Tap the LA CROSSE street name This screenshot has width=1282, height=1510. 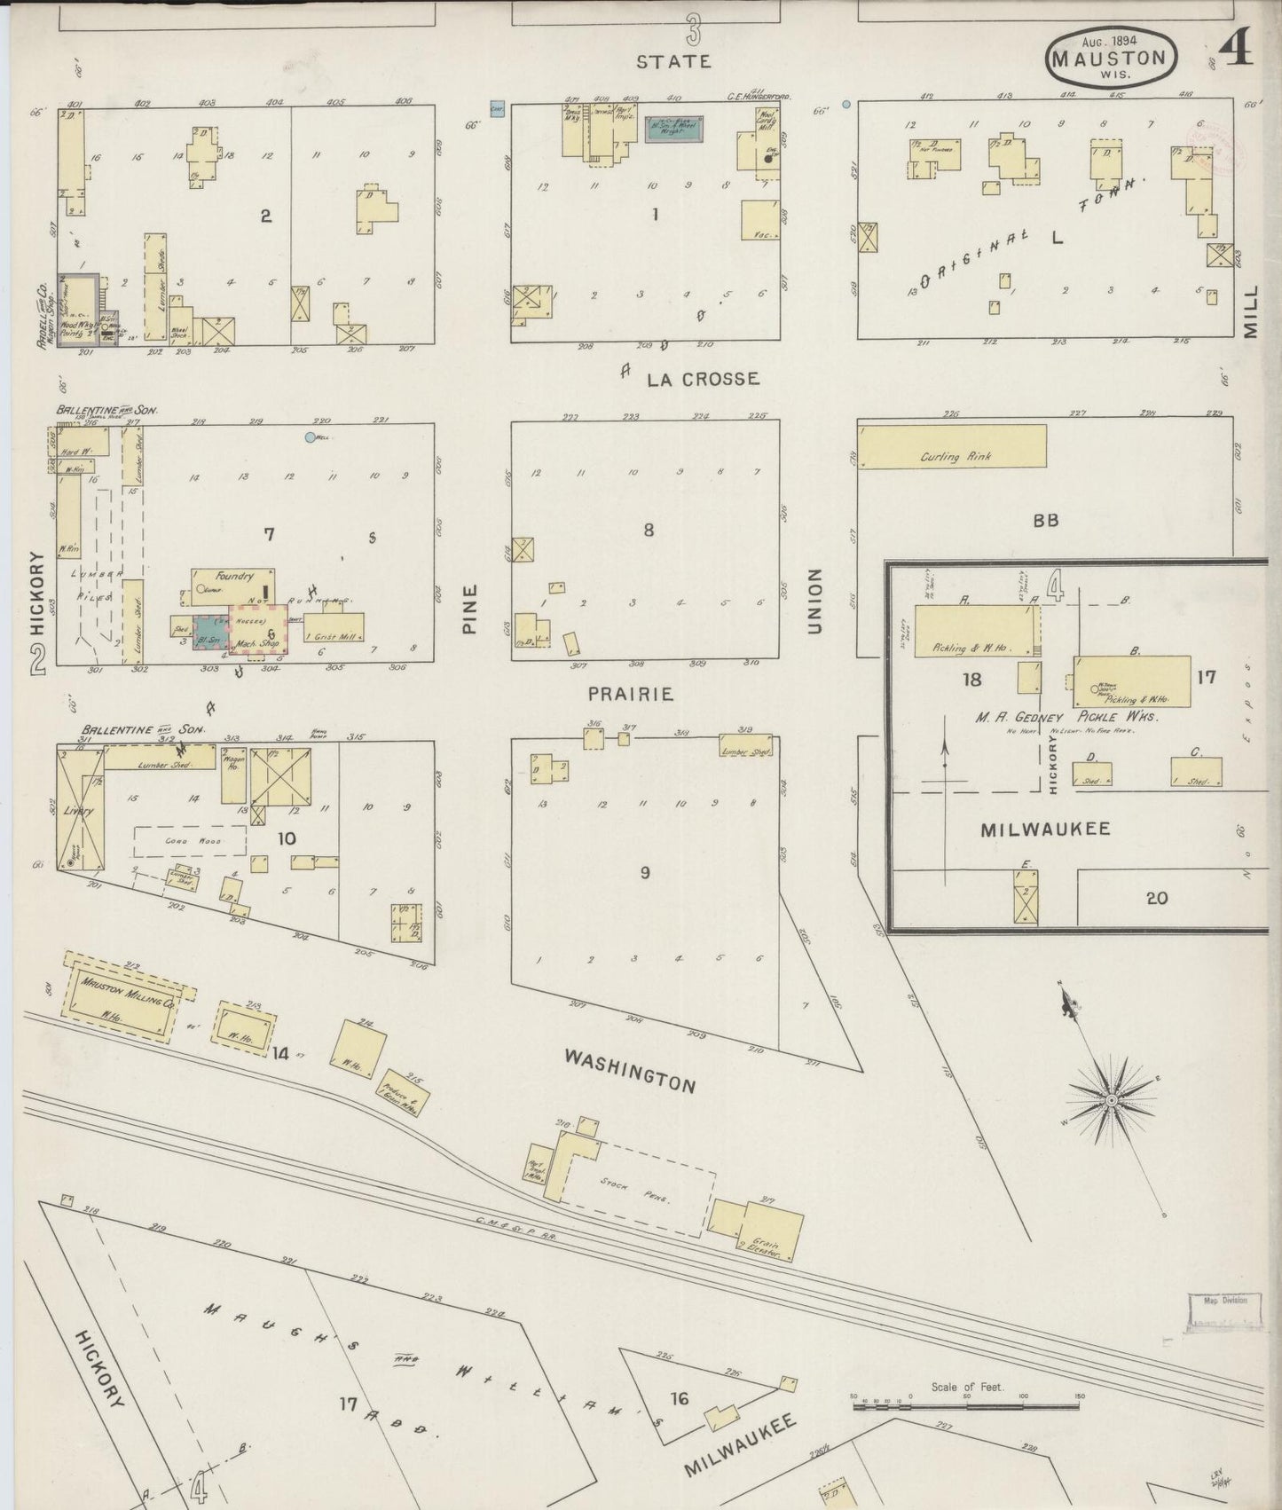[703, 379]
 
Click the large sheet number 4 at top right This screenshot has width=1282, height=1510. [1236, 51]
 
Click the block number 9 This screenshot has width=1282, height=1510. [645, 873]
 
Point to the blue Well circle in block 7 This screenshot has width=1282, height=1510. [310, 436]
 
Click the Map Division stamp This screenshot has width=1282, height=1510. [1224, 1312]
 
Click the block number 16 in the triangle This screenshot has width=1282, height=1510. [679, 1399]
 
